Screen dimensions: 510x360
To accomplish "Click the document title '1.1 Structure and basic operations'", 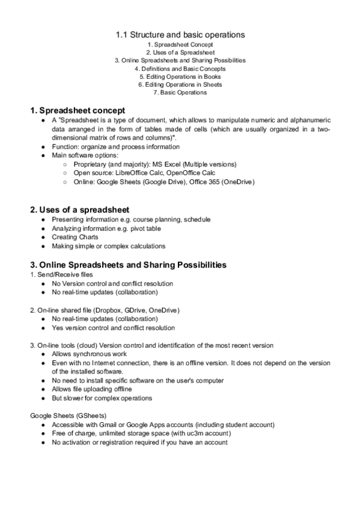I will click(x=180, y=35).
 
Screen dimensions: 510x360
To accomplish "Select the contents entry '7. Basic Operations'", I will click(x=180, y=93).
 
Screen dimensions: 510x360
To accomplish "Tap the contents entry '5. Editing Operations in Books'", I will click(x=180, y=77).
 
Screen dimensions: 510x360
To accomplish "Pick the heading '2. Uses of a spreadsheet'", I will click(x=79, y=209).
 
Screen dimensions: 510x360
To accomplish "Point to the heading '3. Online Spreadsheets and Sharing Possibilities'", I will click(x=128, y=265).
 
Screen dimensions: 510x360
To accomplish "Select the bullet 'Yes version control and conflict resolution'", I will click(x=113, y=328).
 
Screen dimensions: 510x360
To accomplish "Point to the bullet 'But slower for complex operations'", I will click(x=102, y=398).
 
